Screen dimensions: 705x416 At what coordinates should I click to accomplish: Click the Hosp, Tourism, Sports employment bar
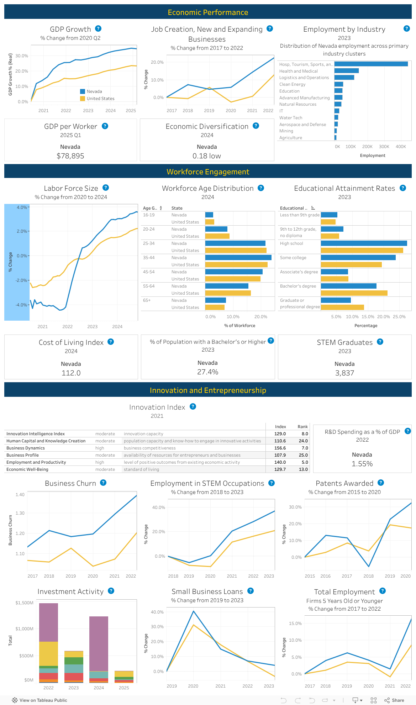[371, 64]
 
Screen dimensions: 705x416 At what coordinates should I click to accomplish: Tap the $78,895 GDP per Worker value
[70, 156]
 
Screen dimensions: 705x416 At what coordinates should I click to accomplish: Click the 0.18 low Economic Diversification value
[207, 156]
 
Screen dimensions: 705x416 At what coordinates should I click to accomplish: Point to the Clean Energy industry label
[293, 84]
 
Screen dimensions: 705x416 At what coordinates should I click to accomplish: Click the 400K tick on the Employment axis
[401, 147]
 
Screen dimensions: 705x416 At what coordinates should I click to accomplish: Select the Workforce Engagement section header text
[208, 172]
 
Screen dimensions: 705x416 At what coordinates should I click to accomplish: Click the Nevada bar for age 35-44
[238, 258]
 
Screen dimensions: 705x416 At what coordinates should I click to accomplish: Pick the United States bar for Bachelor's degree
[354, 293]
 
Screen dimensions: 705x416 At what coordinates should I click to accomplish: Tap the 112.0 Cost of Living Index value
[71, 373]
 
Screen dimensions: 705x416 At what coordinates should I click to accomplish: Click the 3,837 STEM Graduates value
[344, 373]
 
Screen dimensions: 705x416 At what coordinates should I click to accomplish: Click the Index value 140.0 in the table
[280, 462]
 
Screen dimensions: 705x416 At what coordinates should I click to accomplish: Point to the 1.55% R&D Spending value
[362, 464]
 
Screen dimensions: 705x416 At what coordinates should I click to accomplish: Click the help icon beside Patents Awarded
[381, 483]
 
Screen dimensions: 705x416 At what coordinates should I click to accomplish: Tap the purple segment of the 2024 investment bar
[99, 643]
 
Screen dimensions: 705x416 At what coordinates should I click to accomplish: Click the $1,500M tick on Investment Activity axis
[25, 603]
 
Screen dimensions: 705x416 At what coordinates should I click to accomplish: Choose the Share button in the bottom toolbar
[394, 700]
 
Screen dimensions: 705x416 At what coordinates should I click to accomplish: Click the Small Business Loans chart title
[207, 591]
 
